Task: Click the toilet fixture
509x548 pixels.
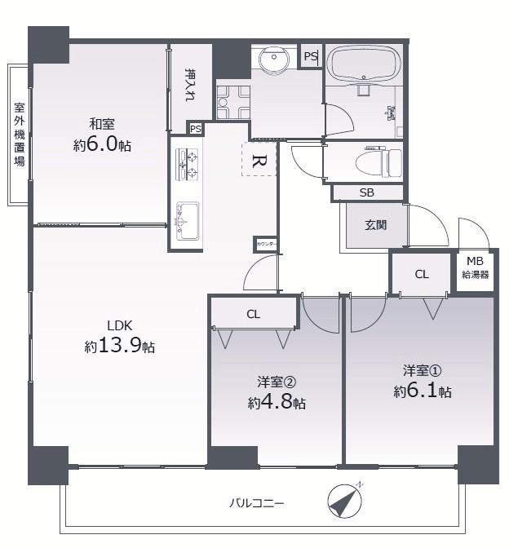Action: [378, 162]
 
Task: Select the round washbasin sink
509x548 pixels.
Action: [274, 59]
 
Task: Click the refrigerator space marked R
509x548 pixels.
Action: [259, 159]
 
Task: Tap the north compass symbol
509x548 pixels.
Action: [345, 501]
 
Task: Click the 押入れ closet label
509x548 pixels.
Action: [191, 85]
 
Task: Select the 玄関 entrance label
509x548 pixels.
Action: [376, 225]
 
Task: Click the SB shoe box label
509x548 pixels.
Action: [367, 192]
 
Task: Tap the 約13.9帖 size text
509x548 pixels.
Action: [120, 346]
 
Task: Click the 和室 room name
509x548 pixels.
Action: [102, 124]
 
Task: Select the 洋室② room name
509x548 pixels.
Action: [277, 382]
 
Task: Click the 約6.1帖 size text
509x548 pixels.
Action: [423, 391]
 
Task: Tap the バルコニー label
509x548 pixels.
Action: [257, 504]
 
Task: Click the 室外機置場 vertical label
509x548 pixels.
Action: [20, 135]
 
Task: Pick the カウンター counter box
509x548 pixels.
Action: [265, 244]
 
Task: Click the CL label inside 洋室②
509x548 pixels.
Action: [254, 315]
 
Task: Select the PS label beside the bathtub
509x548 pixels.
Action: [311, 56]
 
